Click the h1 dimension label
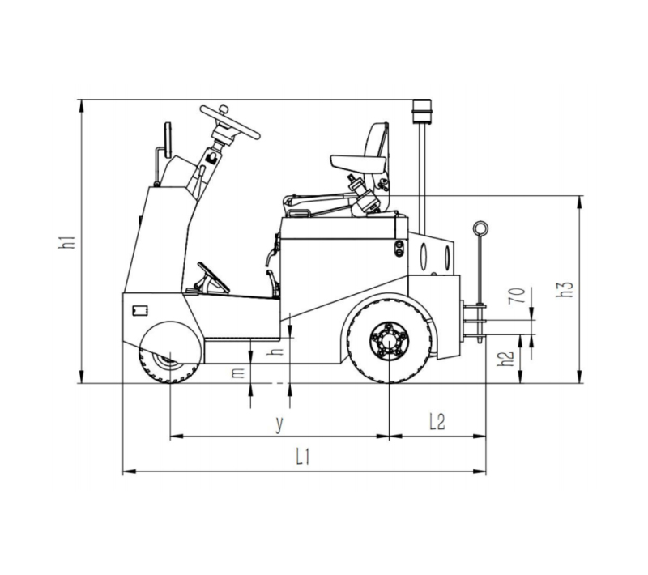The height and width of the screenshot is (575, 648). click(x=66, y=241)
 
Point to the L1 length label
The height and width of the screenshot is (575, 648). click(x=303, y=457)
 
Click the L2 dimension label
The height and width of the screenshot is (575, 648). click(x=437, y=422)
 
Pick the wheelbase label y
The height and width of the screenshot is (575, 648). click(x=279, y=424)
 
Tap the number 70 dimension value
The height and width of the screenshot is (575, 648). click(x=517, y=296)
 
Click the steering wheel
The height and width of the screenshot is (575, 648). click(x=230, y=121)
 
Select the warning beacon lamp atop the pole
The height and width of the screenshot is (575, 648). click(x=422, y=110)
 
